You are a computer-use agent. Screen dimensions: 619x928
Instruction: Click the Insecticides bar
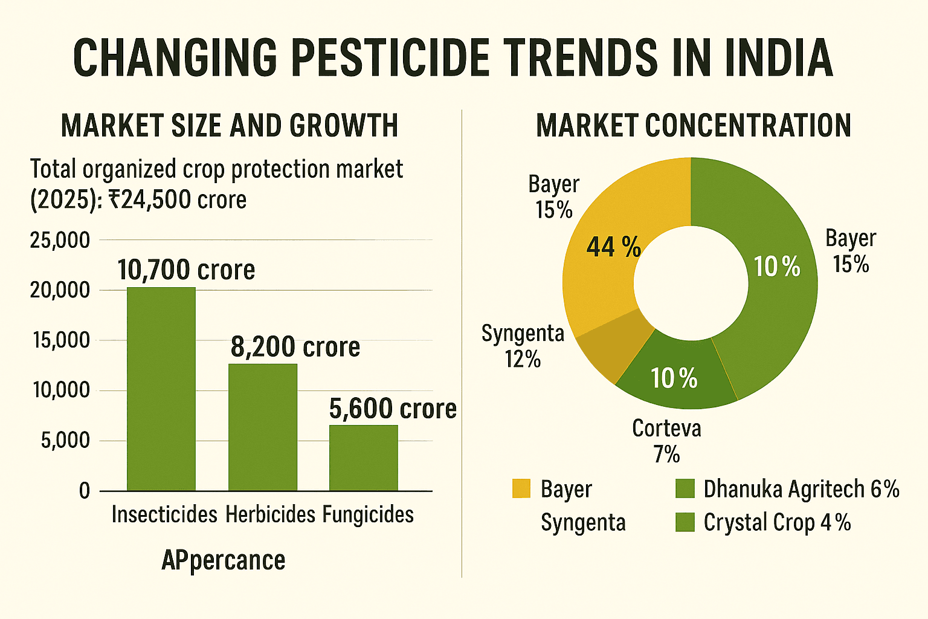click(x=161, y=389)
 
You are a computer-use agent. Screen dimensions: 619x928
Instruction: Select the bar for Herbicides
click(x=263, y=427)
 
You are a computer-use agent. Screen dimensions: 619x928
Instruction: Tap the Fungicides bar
click(x=364, y=458)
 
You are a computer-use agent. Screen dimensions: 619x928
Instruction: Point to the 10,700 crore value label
click(x=186, y=270)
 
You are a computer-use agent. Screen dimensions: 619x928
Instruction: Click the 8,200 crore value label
click(x=295, y=347)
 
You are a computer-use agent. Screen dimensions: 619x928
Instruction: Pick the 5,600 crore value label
click(x=393, y=409)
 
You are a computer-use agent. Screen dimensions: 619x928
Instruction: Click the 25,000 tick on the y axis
click(x=60, y=241)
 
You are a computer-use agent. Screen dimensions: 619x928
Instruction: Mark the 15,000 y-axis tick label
click(x=60, y=341)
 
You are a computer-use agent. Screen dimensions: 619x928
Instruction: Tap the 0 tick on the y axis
click(x=85, y=491)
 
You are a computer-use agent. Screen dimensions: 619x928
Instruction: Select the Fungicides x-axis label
click(x=368, y=515)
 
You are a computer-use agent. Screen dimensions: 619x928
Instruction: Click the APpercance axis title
click(x=224, y=560)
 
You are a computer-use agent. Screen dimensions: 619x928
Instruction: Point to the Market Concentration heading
click(x=694, y=126)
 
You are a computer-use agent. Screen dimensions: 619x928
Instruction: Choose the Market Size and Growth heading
click(x=230, y=126)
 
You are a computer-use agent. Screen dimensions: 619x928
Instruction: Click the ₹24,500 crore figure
click(x=177, y=200)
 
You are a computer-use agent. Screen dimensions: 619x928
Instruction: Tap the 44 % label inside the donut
click(x=613, y=247)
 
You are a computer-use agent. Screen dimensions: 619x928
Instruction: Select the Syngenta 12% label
click(x=523, y=346)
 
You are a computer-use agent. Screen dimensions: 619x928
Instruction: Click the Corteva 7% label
click(x=666, y=441)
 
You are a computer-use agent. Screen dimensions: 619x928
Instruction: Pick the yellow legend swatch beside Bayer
click(x=521, y=488)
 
